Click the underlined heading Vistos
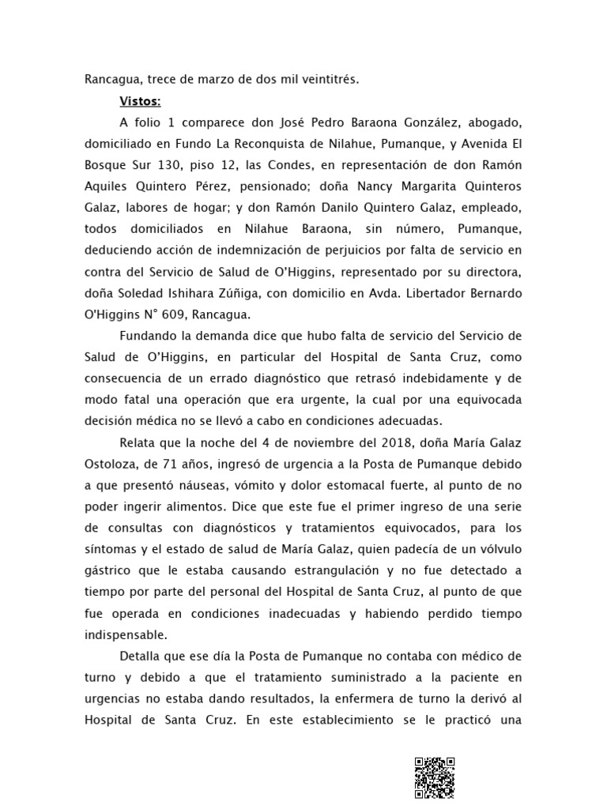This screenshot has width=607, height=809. click(x=140, y=101)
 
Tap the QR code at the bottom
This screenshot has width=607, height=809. click(x=435, y=778)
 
